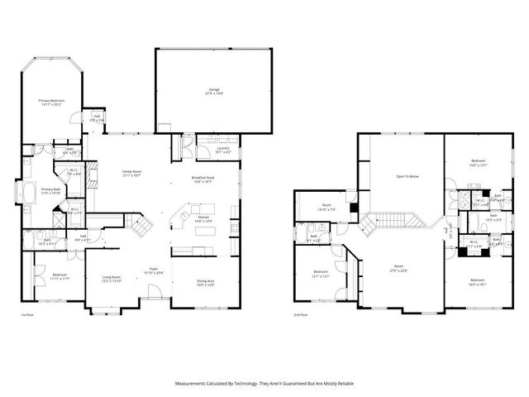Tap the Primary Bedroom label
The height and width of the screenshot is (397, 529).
pyautogui.click(x=51, y=102)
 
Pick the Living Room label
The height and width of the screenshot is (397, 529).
pyautogui.click(x=111, y=280)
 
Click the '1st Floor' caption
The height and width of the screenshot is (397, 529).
pyautogui.click(x=26, y=315)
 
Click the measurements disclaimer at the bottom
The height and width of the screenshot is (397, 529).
pyautogui.click(x=264, y=384)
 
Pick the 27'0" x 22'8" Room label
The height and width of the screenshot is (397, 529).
pyautogui.click(x=400, y=269)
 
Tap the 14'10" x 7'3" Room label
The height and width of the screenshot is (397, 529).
pyautogui.click(x=326, y=208)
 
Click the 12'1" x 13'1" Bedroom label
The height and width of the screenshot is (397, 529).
pyautogui.click(x=321, y=274)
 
